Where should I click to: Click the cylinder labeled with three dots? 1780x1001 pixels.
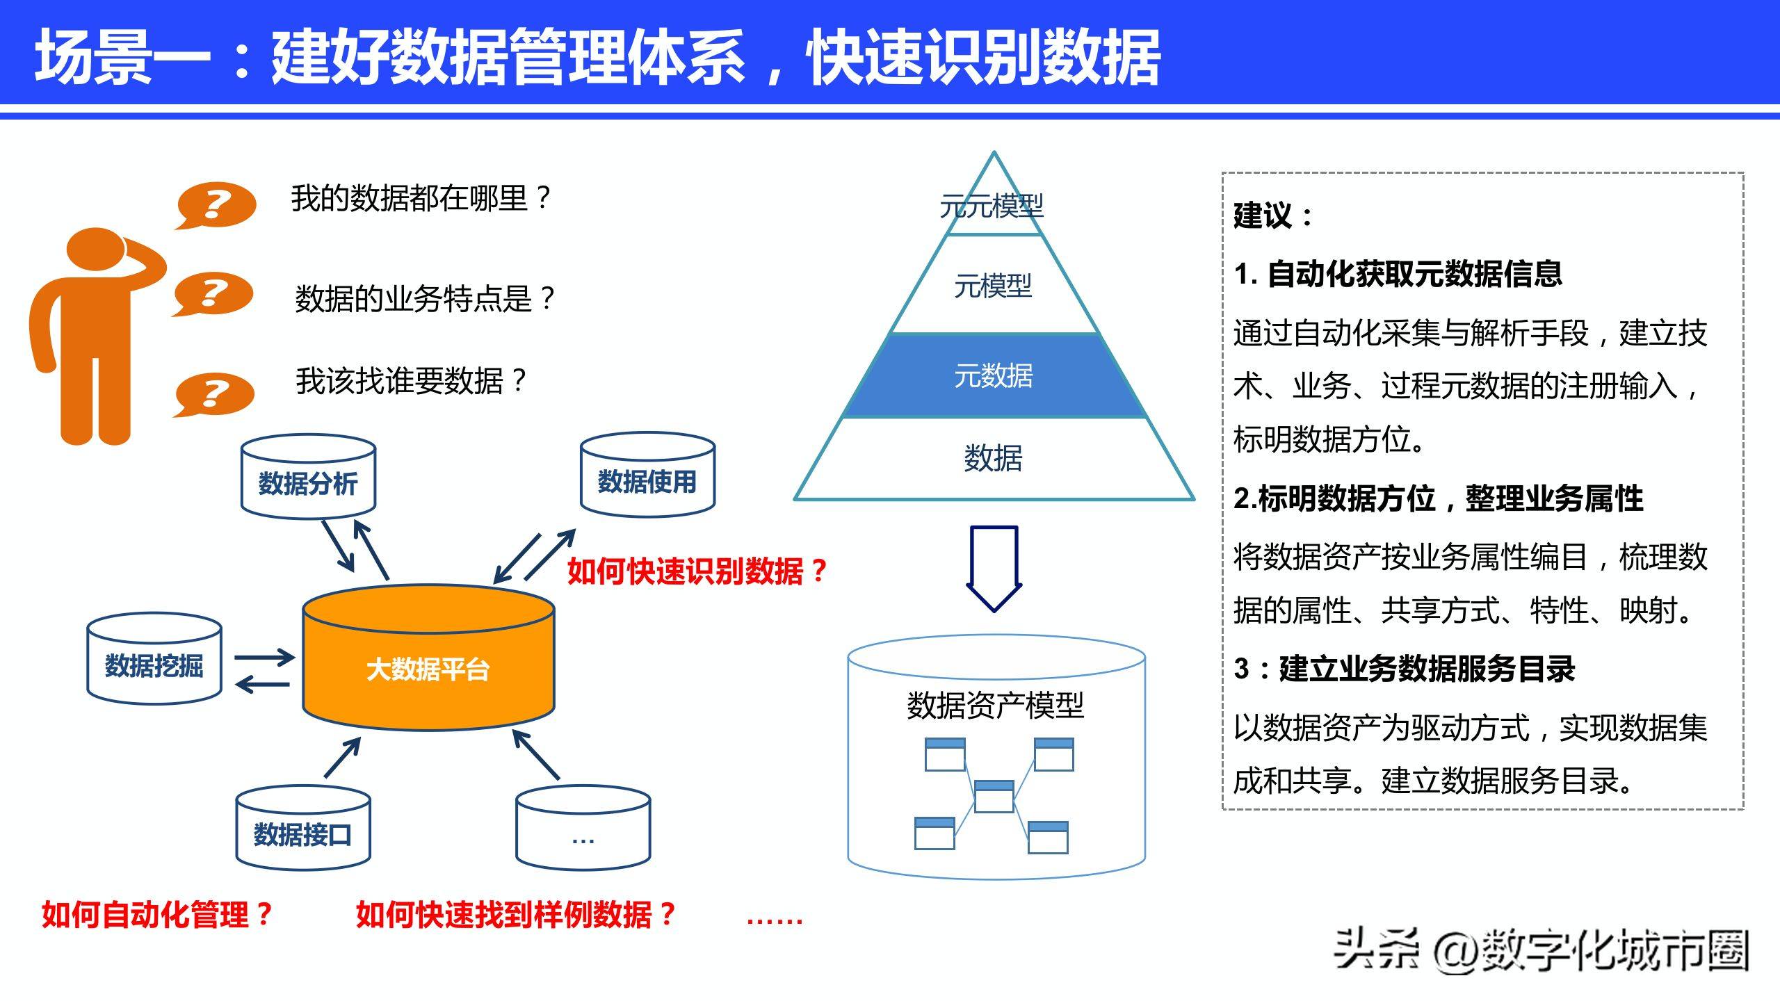pyautogui.click(x=583, y=831)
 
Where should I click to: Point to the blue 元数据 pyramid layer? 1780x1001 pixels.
pyautogui.click(x=994, y=375)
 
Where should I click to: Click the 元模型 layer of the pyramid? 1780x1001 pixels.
pyautogui.click(x=994, y=286)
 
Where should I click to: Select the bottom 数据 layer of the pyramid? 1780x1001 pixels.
pyautogui.click(x=994, y=458)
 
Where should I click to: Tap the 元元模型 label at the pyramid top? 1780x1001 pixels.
pyautogui.click(x=992, y=206)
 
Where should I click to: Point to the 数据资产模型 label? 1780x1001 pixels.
pyautogui.click(x=995, y=705)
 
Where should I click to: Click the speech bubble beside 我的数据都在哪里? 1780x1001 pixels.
pyautogui.click(x=216, y=204)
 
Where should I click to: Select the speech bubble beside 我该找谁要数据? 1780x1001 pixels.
pyautogui.click(x=213, y=394)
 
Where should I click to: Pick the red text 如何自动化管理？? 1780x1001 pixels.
pyautogui.click(x=156, y=914)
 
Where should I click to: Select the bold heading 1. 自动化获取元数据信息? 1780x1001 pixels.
pyautogui.click(x=1398, y=273)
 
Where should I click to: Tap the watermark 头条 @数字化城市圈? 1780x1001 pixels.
pyautogui.click(x=1541, y=951)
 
